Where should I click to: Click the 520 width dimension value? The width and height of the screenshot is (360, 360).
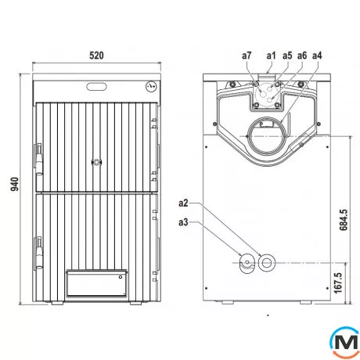pos(96,56)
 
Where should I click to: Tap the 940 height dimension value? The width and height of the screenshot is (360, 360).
pos(15,184)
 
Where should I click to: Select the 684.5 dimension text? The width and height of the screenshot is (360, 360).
pos(344,220)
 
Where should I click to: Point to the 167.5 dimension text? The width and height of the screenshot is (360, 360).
pos(337,283)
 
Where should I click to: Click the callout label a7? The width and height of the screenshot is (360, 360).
pos(247,56)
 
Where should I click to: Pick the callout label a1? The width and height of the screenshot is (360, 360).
pos(271,56)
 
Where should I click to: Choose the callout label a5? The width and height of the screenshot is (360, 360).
pos(287,56)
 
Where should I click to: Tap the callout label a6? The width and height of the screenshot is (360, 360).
pos(302,56)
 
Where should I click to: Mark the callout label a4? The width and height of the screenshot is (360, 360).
pos(317,56)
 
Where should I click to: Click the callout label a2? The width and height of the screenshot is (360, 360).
pos(183,203)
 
